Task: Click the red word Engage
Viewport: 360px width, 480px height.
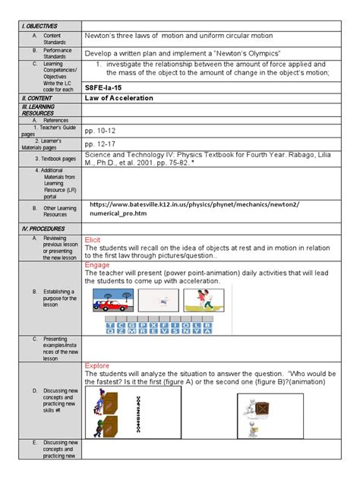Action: coord(98,265)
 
